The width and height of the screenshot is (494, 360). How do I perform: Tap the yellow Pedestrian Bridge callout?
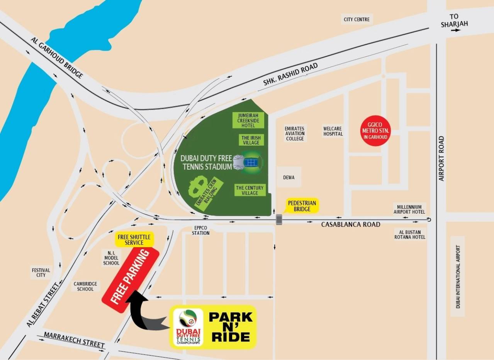pyautogui.click(x=302, y=206)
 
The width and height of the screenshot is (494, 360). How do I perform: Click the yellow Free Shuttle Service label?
pyautogui.click(x=134, y=239)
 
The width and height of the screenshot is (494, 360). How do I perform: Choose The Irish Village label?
pyautogui.click(x=251, y=140)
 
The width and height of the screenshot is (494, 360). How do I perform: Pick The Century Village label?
pyautogui.click(x=250, y=190)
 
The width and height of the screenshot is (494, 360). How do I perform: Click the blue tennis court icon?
pyautogui.click(x=251, y=162)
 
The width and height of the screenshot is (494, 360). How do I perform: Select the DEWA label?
pyautogui.click(x=289, y=178)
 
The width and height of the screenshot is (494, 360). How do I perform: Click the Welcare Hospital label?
pyautogui.click(x=333, y=131)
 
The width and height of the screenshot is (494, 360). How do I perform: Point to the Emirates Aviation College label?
pyautogui.click(x=295, y=133)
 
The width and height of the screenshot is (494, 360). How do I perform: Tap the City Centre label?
pyautogui.click(x=356, y=19)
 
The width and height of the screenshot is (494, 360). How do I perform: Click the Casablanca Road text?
pyautogui.click(x=350, y=224)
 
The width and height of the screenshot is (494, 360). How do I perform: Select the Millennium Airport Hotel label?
pyautogui.click(x=409, y=209)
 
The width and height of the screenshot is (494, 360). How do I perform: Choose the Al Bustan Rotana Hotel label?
pyautogui.click(x=409, y=234)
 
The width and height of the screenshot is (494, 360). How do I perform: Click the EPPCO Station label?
pyautogui.click(x=201, y=231)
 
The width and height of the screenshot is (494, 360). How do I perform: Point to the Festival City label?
pyautogui.click(x=41, y=273)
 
